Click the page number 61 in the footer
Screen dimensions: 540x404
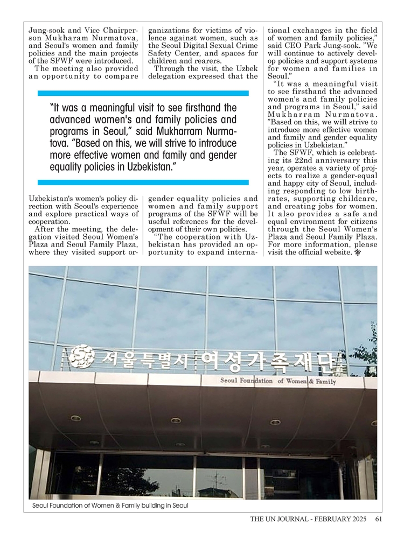[378, 519]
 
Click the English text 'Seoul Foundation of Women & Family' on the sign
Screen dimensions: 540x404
[278, 382]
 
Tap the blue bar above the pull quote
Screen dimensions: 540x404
[143, 93]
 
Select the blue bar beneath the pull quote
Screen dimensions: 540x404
[143, 183]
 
